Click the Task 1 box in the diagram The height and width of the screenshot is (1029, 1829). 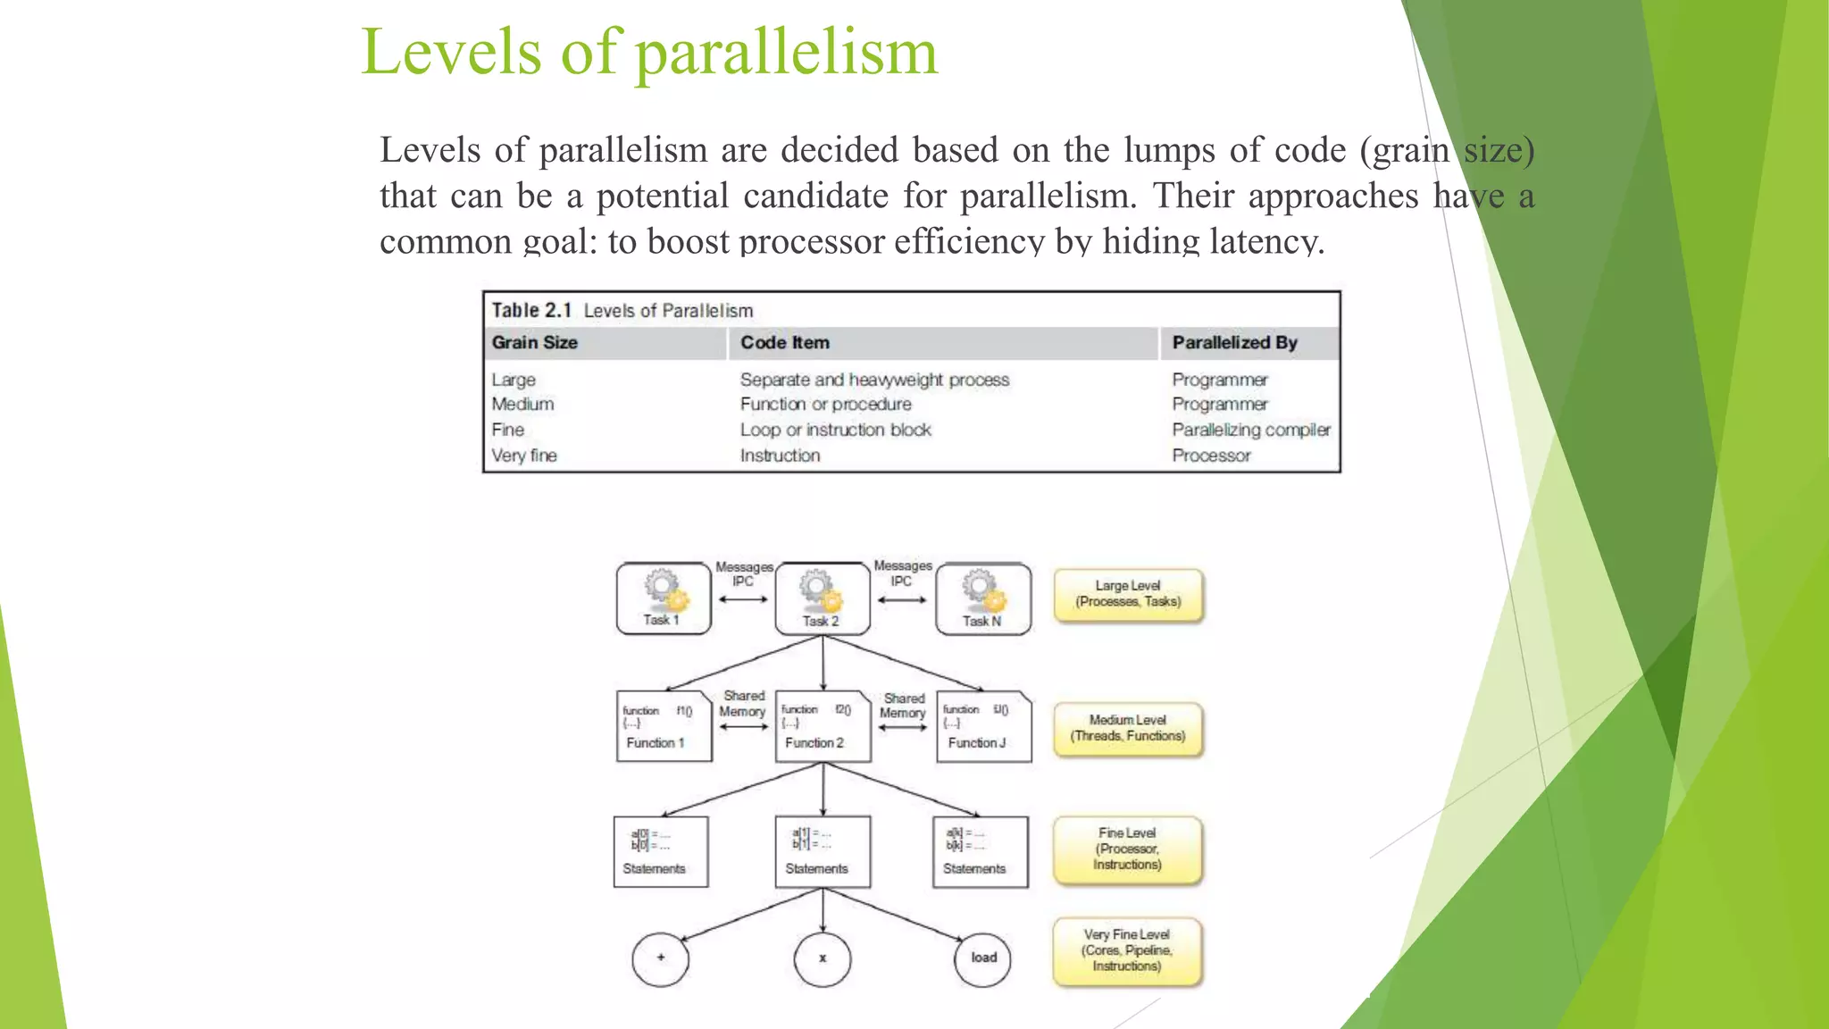pyautogui.click(x=663, y=598)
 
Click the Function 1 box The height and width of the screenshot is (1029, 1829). pyautogui.click(x=664, y=726)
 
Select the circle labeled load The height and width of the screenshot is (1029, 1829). pyautogui.click(x=982, y=958)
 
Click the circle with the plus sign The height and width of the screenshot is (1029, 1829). pyautogui.click(x=661, y=958)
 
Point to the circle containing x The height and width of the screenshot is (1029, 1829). pyautogui.click(x=823, y=958)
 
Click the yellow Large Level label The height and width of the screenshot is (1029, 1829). pyautogui.click(x=1128, y=594)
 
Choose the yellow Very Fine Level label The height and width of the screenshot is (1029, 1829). pyautogui.click(x=1127, y=950)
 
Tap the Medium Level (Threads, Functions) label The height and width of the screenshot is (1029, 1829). pyautogui.click(x=1128, y=728)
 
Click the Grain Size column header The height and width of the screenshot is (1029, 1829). pyautogui.click(x=535, y=343)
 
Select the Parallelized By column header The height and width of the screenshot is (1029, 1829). pyautogui.click(x=1234, y=343)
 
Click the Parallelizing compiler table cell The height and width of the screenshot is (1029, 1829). pyautogui.click(x=1250, y=430)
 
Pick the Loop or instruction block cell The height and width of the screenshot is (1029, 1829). pyautogui.click(x=835, y=430)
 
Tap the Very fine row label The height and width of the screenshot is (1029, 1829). pyautogui.click(x=524, y=456)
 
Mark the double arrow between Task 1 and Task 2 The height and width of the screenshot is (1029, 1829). pyautogui.click(x=743, y=599)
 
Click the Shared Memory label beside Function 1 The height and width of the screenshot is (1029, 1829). pyautogui.click(x=743, y=704)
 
